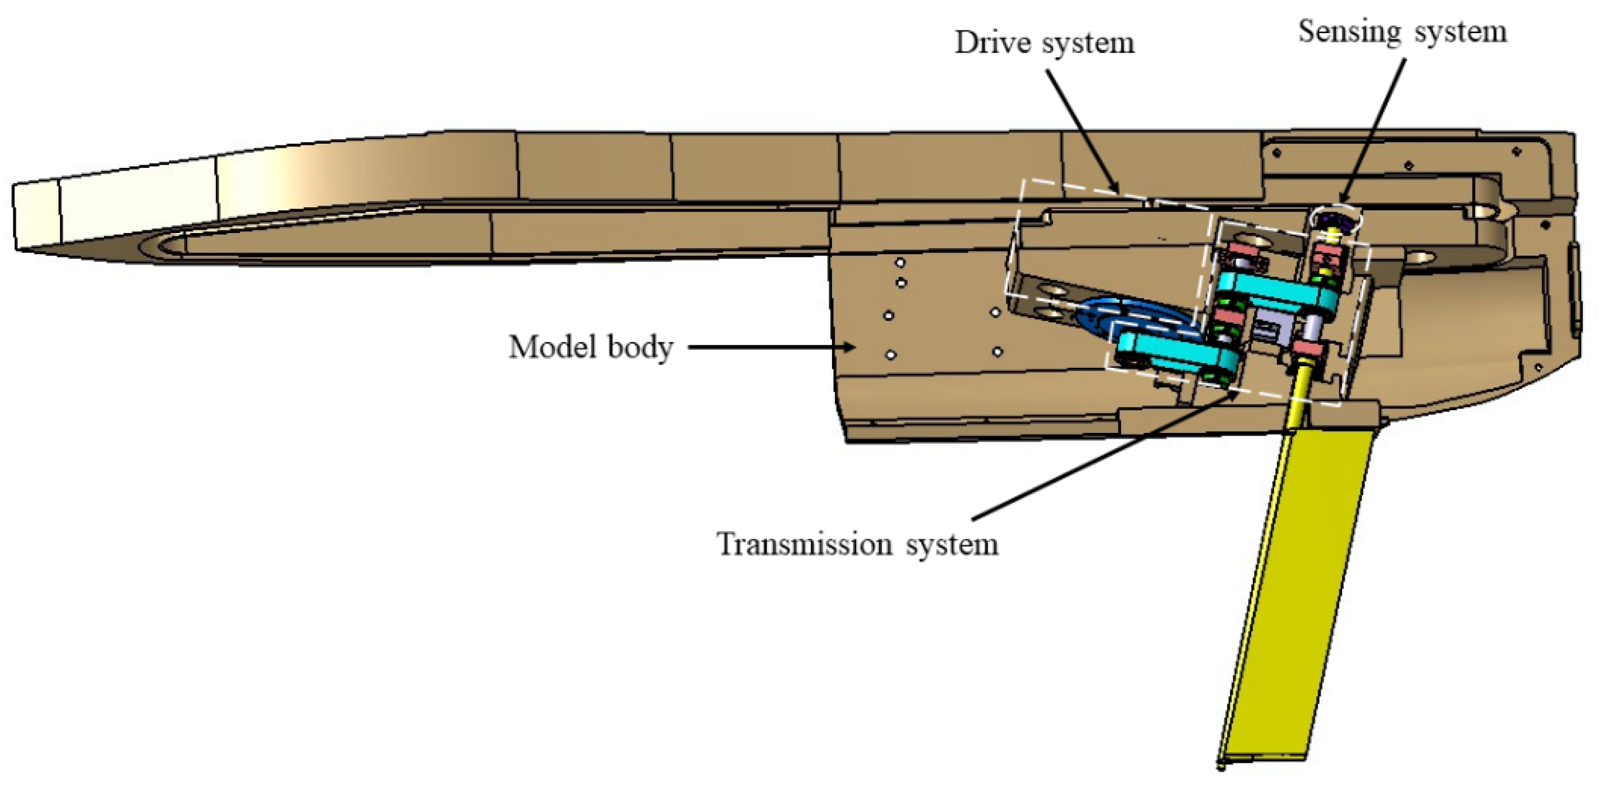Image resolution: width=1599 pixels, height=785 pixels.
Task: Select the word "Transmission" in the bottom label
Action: coord(805,544)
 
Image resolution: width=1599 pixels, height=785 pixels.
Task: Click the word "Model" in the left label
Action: coord(551,346)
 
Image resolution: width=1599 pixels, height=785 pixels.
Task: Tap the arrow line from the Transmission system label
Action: coord(1105,457)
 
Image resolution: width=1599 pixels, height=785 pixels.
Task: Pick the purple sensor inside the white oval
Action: coord(1335,221)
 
